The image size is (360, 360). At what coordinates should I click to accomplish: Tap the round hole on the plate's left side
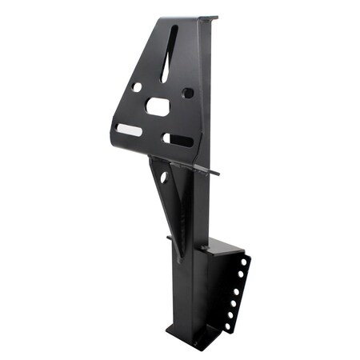coord(137,86)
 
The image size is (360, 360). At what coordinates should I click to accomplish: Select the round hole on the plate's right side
coord(188,93)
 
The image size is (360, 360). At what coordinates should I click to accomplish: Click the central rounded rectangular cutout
coord(158,106)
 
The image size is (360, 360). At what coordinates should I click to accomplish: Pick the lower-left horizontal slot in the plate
coord(129,129)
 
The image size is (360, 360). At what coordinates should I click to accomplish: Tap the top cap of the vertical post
coord(208,17)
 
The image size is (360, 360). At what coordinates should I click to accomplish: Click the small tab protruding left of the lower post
coord(170,238)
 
